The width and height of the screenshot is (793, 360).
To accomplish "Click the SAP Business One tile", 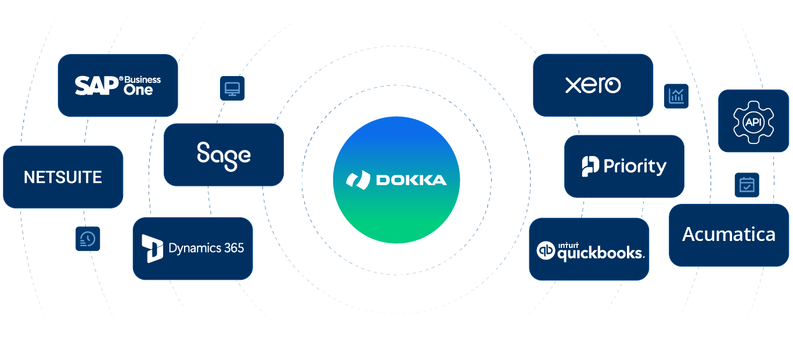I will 117,85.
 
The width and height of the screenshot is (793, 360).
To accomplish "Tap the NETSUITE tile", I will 63,177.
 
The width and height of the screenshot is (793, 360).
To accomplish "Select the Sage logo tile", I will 224,154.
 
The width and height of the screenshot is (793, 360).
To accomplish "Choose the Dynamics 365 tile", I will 193,249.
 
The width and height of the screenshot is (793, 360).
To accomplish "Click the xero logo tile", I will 593,85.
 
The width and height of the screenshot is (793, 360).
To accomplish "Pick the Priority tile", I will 624,167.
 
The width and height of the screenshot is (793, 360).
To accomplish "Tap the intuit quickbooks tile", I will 589,250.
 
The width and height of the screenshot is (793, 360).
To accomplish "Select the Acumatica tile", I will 729,235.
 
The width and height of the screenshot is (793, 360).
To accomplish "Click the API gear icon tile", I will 753,121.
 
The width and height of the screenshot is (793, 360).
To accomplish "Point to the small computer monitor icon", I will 232,89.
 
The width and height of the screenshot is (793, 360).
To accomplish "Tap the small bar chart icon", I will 676,96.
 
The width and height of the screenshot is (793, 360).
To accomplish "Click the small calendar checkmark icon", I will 747,185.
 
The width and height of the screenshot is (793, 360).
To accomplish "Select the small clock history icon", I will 88,239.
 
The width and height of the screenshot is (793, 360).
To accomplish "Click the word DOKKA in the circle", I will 412,180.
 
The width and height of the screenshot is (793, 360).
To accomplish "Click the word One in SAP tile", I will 138,90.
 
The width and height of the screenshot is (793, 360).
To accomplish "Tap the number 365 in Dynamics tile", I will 233,249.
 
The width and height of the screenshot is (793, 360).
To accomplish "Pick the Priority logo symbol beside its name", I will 590,167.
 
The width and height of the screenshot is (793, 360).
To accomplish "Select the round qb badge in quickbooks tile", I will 546,250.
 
